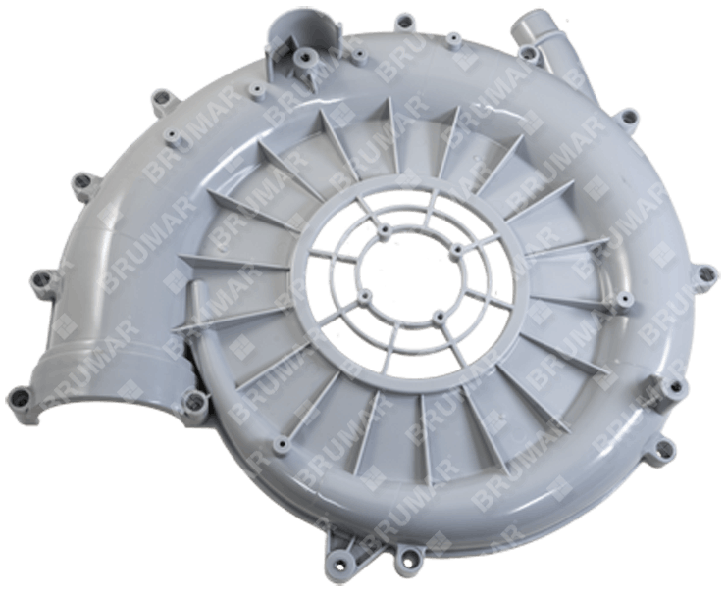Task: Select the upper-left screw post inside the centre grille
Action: [x=385, y=229]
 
